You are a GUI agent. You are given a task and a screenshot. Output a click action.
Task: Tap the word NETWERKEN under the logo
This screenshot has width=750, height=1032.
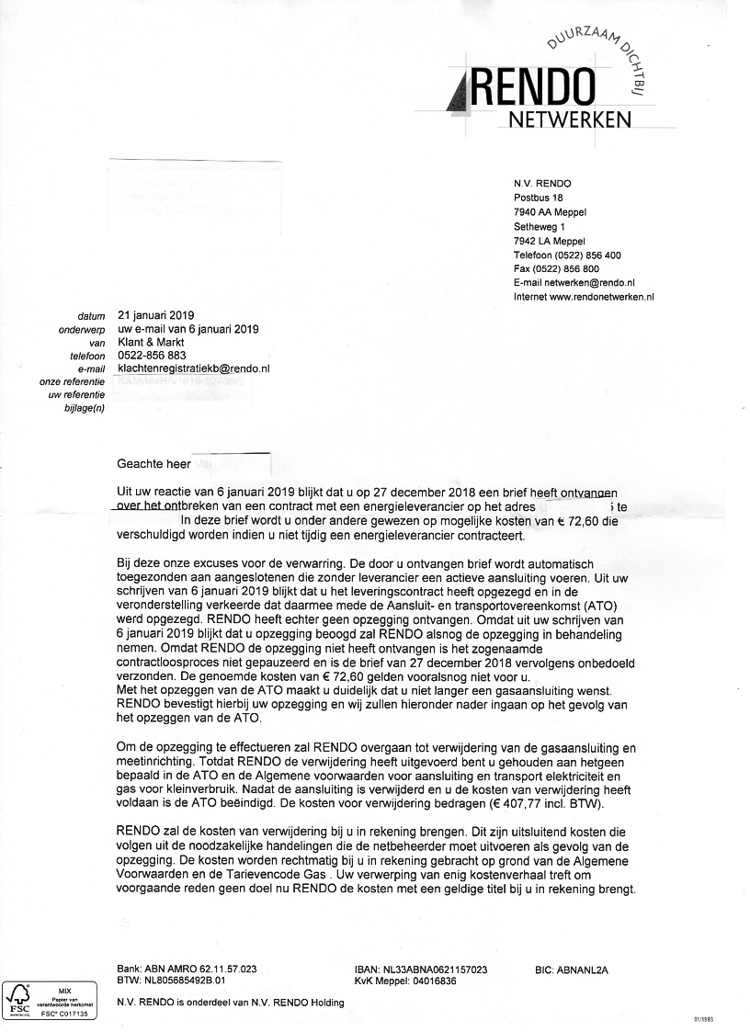[570, 120]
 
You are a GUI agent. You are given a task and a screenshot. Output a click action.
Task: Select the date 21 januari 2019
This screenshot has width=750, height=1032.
[156, 315]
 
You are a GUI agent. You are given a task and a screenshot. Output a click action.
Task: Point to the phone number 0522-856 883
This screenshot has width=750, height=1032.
[152, 355]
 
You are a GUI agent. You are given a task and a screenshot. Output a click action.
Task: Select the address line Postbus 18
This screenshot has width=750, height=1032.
[538, 198]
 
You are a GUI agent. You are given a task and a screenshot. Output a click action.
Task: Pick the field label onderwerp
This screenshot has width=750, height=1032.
[83, 329]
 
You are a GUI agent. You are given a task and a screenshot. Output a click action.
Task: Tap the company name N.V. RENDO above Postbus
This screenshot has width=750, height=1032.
[542, 184]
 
